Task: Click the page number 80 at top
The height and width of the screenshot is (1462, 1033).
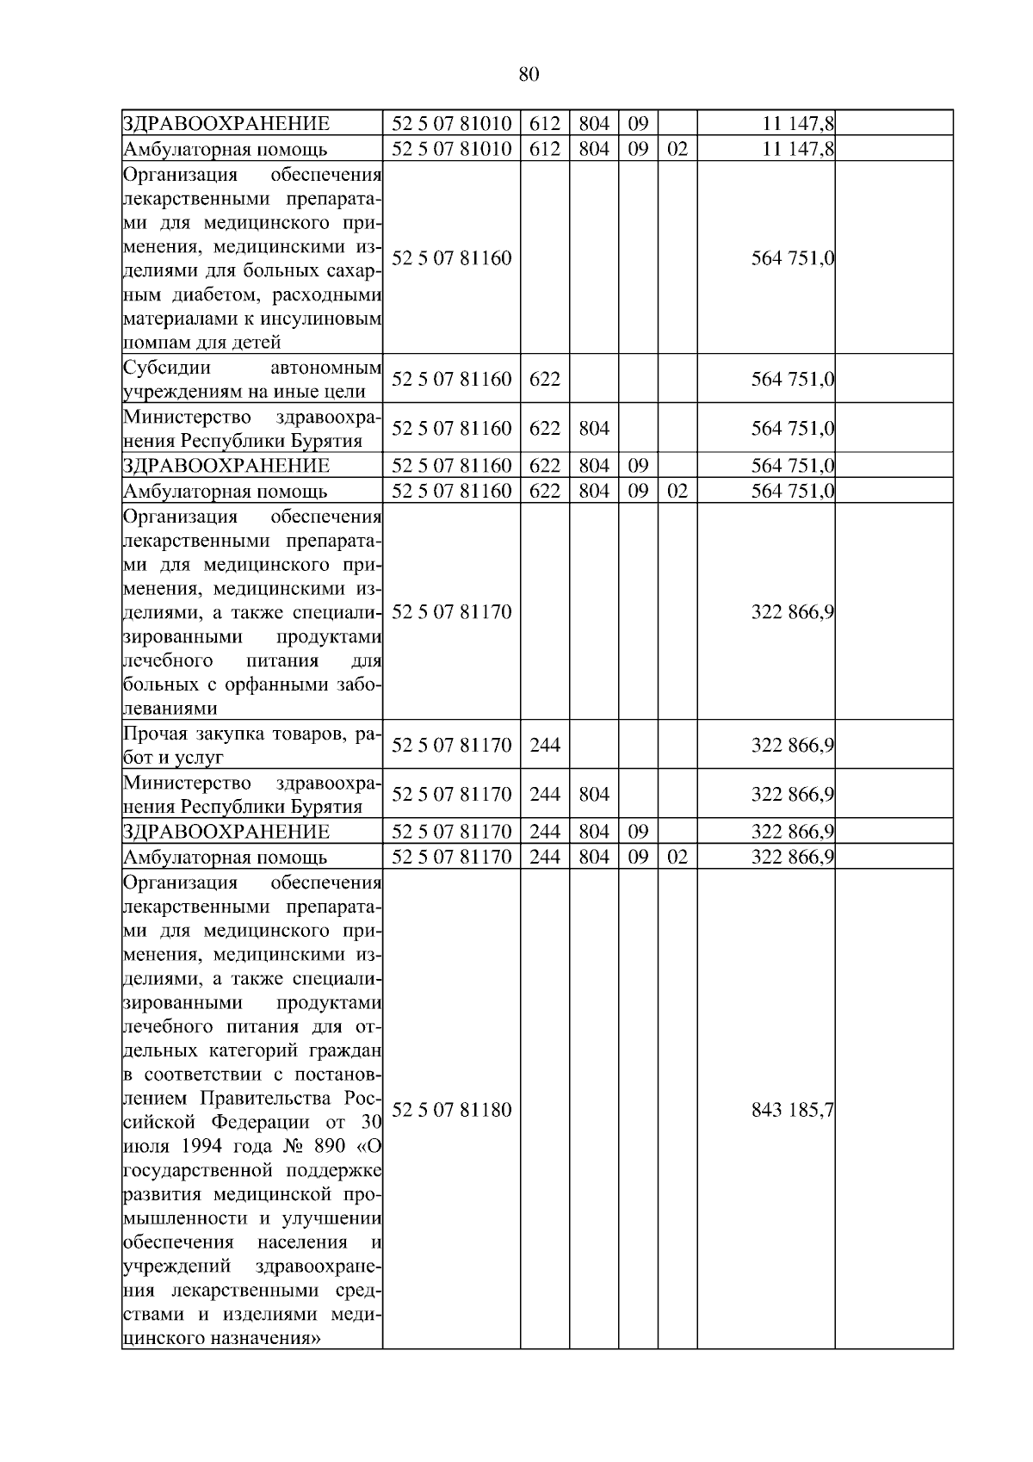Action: (529, 74)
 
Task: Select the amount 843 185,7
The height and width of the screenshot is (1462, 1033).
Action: (792, 1110)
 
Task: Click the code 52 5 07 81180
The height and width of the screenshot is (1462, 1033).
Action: (451, 1110)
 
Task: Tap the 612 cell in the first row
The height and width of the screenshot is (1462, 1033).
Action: (544, 122)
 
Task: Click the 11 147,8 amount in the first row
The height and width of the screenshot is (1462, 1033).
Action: (798, 122)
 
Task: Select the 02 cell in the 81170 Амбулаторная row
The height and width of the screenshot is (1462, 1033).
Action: (677, 857)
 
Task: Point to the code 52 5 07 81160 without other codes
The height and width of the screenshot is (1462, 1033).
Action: (451, 257)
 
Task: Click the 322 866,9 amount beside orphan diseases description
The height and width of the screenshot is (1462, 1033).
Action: (792, 612)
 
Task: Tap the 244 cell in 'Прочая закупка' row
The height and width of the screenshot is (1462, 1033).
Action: (544, 745)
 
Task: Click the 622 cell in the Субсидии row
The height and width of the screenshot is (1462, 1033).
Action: (544, 379)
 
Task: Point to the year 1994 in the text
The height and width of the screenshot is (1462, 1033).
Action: (203, 1147)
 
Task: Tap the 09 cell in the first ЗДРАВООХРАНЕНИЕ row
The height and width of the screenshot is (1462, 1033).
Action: (638, 122)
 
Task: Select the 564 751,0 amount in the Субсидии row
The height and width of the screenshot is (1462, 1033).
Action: (792, 379)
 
